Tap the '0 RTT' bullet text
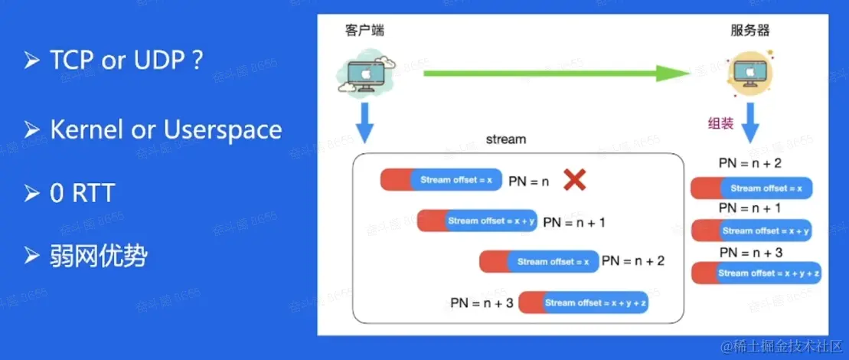coord(81,193)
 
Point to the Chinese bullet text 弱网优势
coord(98,256)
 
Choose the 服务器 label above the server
coord(749,31)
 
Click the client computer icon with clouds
coord(364,74)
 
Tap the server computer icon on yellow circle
coord(749,74)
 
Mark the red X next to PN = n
coord(574,181)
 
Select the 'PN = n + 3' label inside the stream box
coord(482,303)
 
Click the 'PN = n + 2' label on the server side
coord(749,163)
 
